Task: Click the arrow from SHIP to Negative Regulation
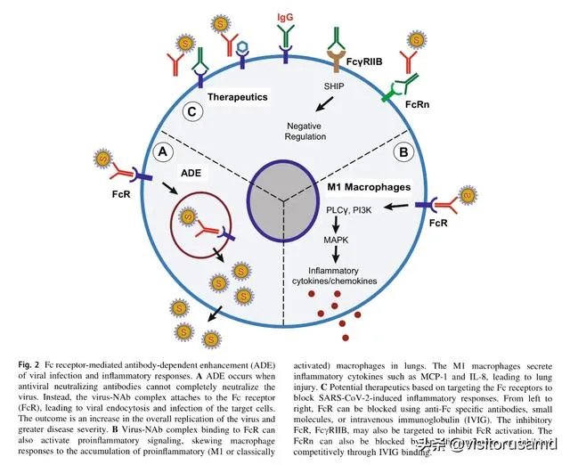327,105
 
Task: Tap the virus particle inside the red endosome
189,216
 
